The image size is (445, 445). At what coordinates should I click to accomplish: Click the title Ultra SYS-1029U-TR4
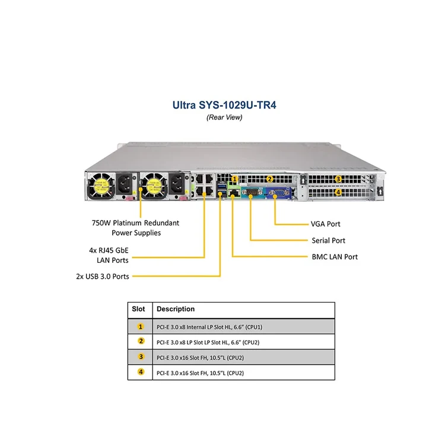click(224, 106)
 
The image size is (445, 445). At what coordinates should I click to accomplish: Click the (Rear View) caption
click(224, 117)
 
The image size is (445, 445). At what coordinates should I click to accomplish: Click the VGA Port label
click(326, 224)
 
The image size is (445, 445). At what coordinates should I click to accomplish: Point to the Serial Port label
click(328, 240)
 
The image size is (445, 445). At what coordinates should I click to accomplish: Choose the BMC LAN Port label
click(335, 257)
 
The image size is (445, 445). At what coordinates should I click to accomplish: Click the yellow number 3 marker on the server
click(338, 179)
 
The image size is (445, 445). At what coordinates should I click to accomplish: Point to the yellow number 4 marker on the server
click(338, 192)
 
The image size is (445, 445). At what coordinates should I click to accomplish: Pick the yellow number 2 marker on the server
click(269, 179)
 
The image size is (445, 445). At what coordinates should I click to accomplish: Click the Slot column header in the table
click(138, 309)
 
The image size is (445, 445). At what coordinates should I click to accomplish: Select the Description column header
click(175, 309)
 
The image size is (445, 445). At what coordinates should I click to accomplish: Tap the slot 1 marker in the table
click(141, 326)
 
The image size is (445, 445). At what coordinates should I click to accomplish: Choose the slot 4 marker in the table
click(141, 373)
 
